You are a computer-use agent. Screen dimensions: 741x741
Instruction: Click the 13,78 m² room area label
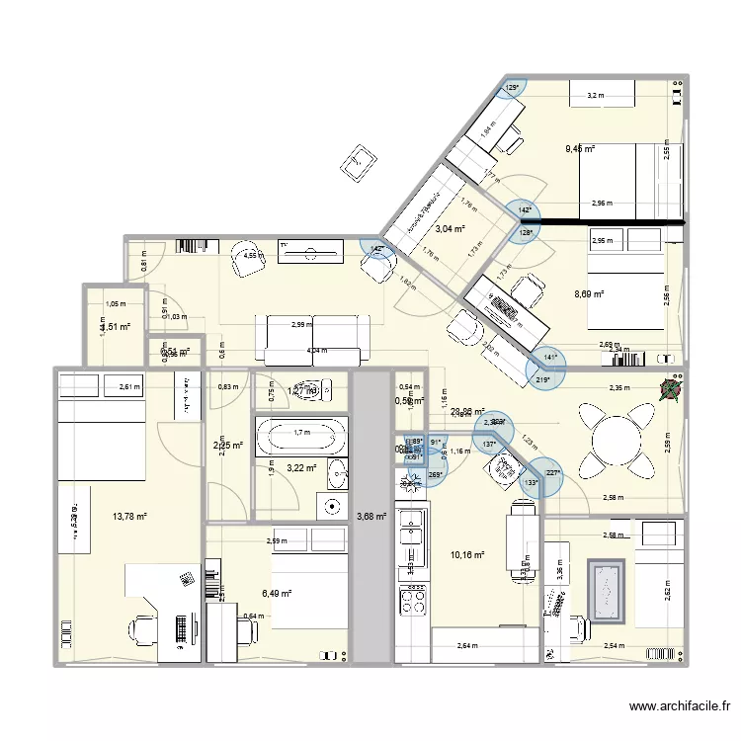129,516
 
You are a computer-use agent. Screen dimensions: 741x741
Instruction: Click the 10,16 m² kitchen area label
467,555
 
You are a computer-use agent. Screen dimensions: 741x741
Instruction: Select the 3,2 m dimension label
594,96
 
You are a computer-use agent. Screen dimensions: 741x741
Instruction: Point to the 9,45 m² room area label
580,149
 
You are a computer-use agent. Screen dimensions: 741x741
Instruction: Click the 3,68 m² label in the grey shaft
372,515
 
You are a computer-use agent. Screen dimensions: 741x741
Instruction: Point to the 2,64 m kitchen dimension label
468,646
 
